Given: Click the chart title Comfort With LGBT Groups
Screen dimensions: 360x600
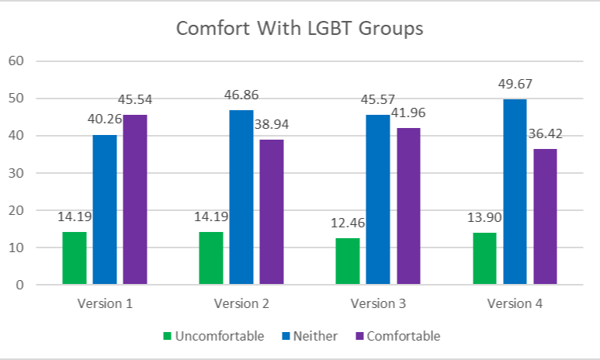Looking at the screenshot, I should (x=300, y=28).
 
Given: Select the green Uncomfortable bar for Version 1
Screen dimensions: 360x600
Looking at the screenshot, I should (x=75, y=258).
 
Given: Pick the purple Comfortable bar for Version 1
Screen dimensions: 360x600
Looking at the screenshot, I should (x=134, y=199).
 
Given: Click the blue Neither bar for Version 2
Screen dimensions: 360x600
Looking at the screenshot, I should (x=241, y=197).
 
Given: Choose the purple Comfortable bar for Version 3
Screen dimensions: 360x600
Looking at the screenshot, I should (x=408, y=206).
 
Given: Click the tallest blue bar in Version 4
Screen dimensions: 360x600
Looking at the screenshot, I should (x=515, y=192).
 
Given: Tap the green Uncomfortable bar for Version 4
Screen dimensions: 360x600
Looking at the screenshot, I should (x=484, y=258).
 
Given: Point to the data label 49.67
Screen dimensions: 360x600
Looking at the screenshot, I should (x=515, y=84).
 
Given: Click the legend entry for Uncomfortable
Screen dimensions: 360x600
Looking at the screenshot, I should (x=214, y=336).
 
